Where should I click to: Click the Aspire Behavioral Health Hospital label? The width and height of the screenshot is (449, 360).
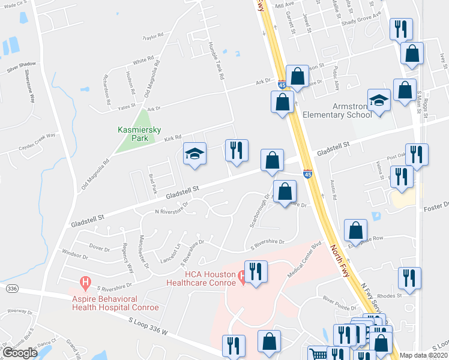(115, 303)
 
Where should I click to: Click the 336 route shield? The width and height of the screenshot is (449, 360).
(11, 289)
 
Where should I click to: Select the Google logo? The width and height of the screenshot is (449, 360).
(20, 353)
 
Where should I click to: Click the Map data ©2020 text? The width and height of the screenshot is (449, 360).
(424, 355)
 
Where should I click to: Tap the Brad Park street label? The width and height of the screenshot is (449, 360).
(153, 183)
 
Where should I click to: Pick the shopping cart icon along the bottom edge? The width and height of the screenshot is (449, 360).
(316, 354)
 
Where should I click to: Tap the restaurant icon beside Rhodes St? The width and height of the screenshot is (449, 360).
(409, 277)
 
